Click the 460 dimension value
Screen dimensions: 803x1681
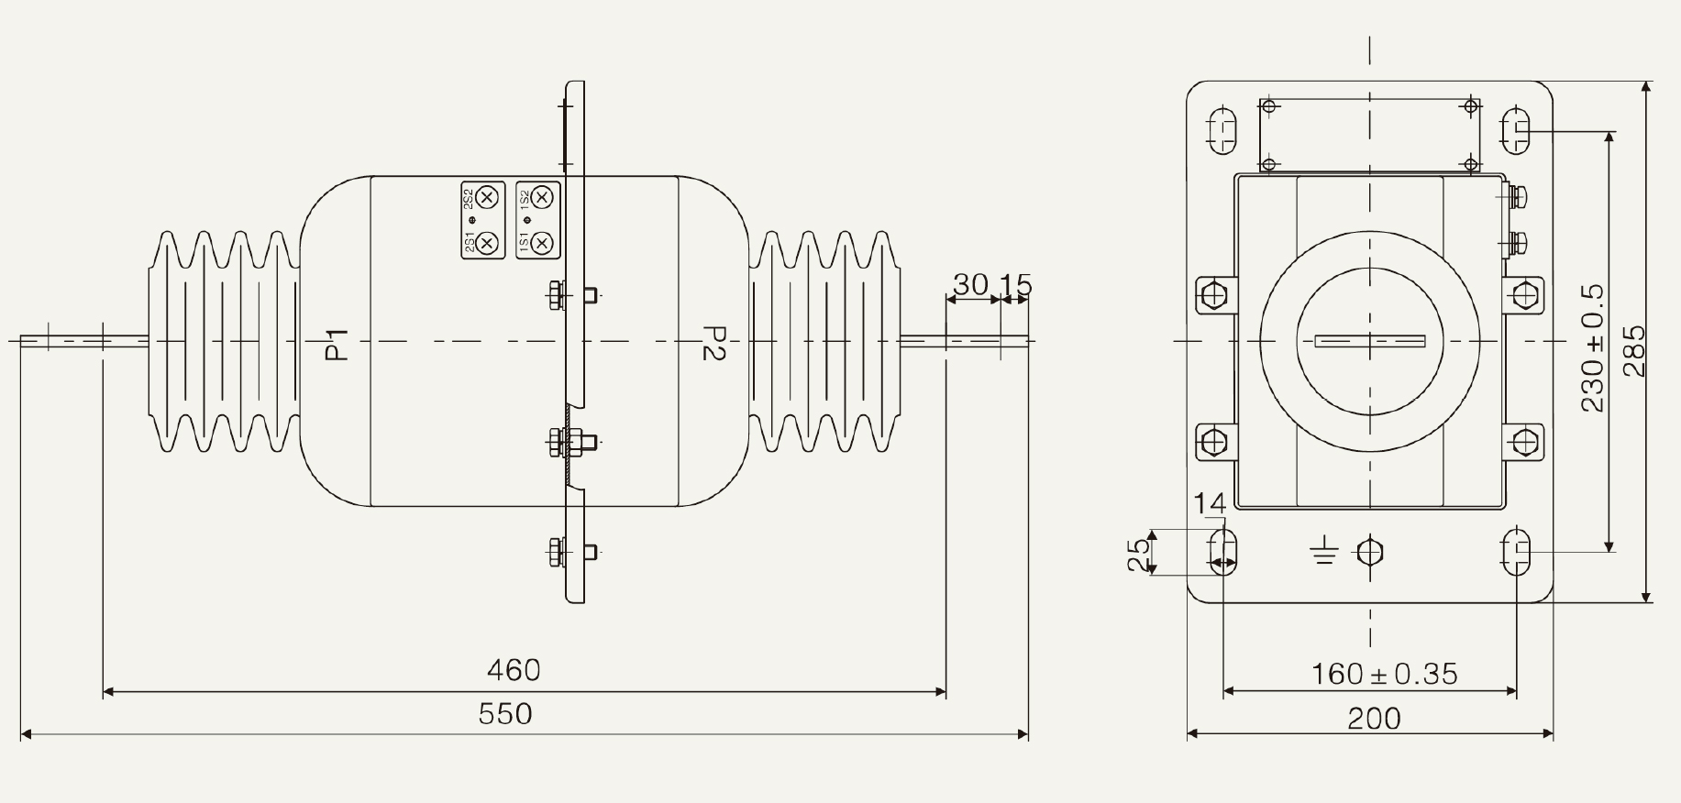514,670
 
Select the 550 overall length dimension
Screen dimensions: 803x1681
505,713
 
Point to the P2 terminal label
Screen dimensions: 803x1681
713,343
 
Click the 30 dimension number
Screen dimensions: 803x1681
970,285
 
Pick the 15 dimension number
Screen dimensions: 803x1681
1015,285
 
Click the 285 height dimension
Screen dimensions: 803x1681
1634,351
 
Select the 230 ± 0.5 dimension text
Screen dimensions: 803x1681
1593,348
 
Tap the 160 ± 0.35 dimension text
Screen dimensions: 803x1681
1384,674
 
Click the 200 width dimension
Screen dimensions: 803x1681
1374,718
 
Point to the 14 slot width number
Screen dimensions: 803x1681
1210,504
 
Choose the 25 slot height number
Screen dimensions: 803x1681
1138,554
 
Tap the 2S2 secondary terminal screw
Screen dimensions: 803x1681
489,196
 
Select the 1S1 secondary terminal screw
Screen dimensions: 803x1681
543,242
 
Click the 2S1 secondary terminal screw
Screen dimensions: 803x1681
489,242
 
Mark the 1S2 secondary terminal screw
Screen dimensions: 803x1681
543,196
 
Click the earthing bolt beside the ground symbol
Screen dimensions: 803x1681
1369,552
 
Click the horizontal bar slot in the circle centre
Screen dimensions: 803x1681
1370,342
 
